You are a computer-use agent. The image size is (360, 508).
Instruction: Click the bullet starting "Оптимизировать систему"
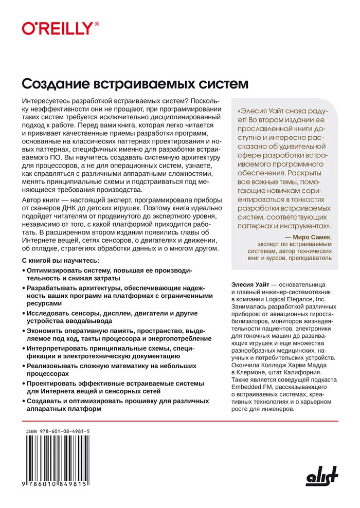pos(108,274)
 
